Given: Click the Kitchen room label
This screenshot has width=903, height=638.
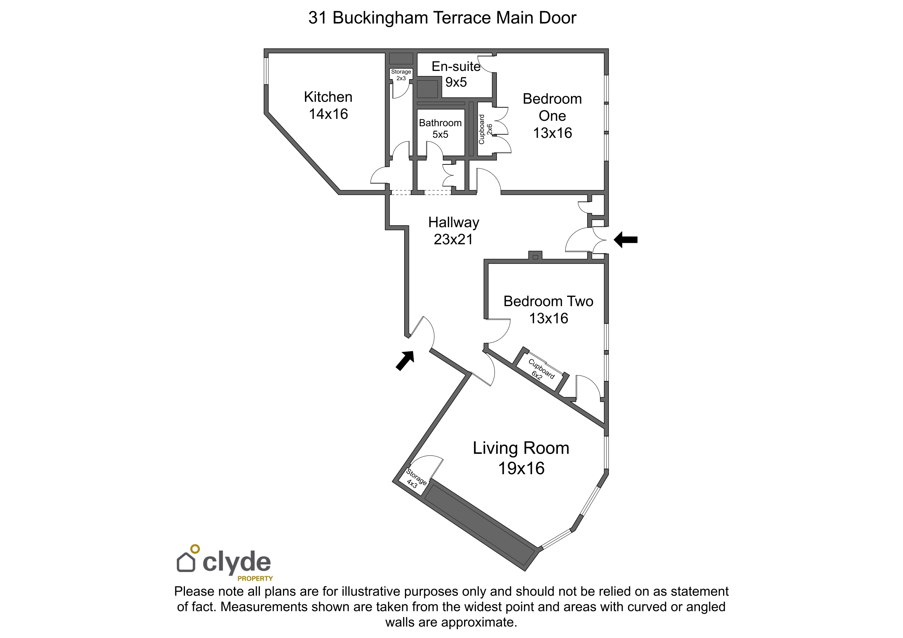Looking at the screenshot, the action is pos(328,97).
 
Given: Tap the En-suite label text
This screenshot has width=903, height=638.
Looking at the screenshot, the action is pos(456,66).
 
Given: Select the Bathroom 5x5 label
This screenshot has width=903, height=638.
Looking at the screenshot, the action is pos(440,129).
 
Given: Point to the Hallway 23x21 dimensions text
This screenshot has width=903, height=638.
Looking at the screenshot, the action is pos(453,239).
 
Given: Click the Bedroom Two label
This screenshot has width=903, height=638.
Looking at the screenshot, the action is pos(548,301).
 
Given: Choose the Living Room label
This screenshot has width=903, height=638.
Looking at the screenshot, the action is pos(521,448).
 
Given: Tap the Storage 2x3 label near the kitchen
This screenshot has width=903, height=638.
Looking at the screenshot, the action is pos(401,75).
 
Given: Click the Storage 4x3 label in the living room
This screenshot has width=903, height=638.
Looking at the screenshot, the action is pos(415,478).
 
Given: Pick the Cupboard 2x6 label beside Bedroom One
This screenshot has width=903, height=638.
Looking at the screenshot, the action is pos(485,129).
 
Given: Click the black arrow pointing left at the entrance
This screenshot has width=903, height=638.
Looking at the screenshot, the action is pos(625,239).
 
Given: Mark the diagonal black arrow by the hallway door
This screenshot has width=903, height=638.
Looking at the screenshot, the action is pos(405,360).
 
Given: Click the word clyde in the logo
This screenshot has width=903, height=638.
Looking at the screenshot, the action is pos(236,562).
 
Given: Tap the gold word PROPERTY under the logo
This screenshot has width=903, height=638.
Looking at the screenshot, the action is pos(255,579).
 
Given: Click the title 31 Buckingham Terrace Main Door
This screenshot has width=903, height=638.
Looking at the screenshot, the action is pos(442,18).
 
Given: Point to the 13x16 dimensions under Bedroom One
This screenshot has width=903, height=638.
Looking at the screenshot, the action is pos(552,133).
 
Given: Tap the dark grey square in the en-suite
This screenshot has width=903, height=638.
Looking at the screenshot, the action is pos(427,89).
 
